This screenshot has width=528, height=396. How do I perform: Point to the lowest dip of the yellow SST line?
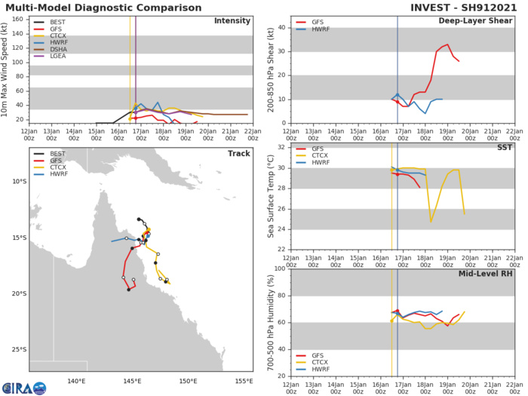431,221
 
